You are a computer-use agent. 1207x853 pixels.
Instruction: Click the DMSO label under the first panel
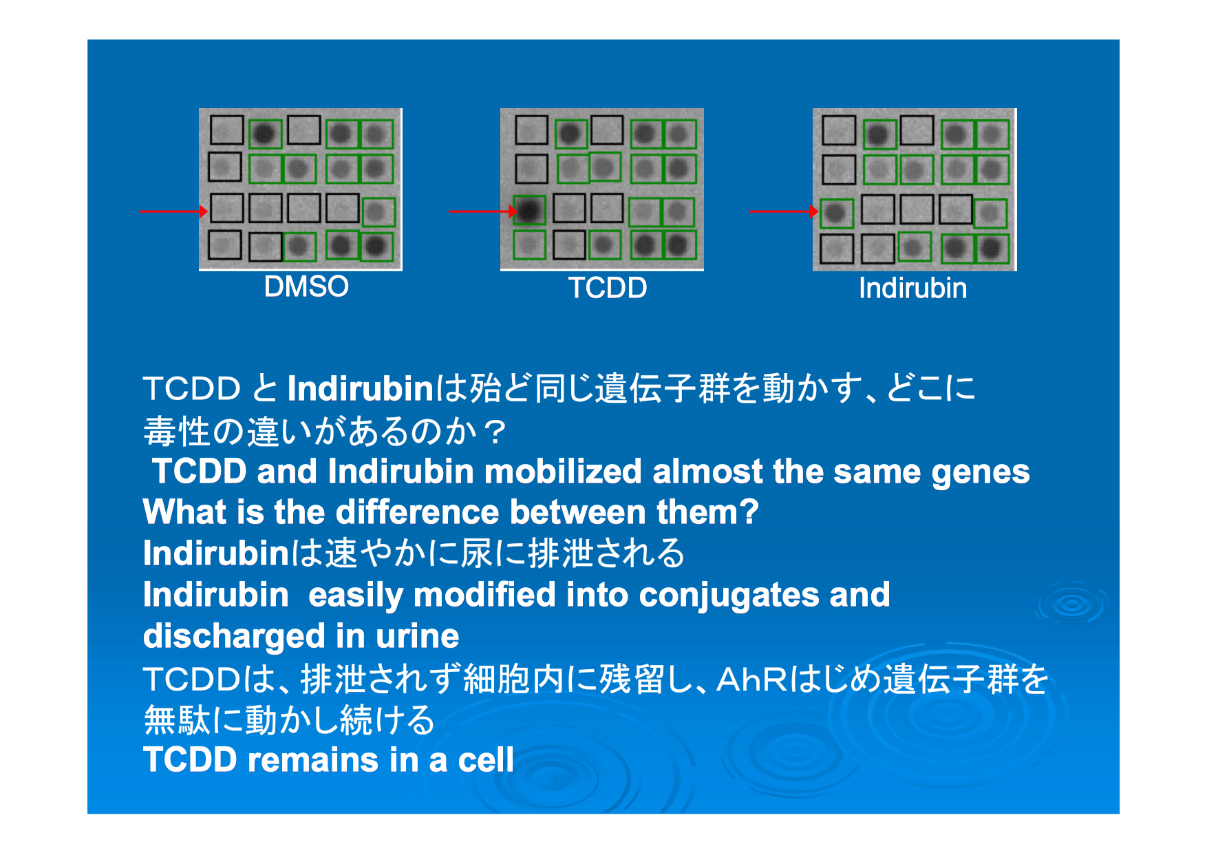pos(306,286)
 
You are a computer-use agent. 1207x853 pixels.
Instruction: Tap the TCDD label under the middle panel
pos(608,288)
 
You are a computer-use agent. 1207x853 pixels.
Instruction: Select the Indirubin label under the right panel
pos(912,288)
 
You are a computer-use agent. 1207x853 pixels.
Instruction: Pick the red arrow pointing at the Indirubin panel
pos(784,211)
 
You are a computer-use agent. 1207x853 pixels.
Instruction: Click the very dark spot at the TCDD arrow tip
pos(529,210)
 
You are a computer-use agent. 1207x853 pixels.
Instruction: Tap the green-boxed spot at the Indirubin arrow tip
pos(836,213)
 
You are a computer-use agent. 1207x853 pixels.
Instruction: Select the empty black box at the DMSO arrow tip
pos(226,207)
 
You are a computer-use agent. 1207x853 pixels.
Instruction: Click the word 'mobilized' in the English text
pos(562,472)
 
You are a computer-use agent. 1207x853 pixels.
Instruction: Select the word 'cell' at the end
pos(486,760)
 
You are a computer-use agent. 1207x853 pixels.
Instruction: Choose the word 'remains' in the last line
pos(313,760)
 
